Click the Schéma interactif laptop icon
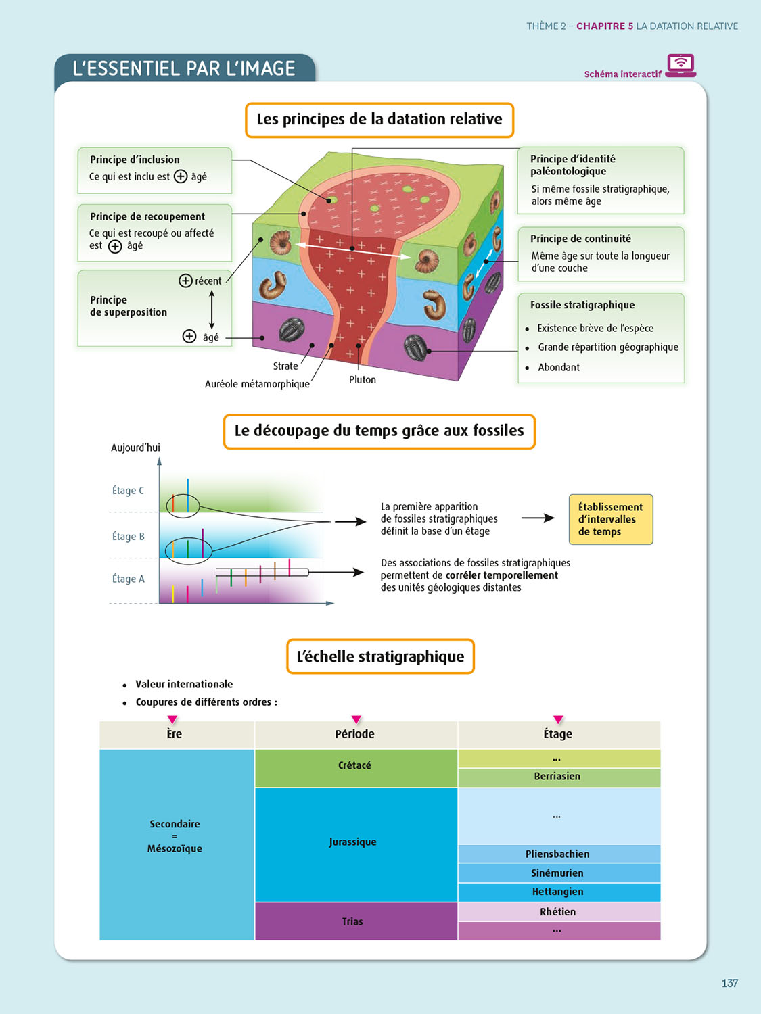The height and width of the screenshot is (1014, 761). [681, 65]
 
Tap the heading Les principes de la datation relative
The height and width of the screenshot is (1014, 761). [379, 120]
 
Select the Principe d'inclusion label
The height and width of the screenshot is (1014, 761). [135, 160]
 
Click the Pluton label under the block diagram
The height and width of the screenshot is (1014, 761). [363, 380]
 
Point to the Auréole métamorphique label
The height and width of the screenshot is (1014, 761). [257, 384]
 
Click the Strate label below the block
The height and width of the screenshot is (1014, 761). [285, 366]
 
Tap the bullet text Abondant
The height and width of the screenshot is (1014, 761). [559, 368]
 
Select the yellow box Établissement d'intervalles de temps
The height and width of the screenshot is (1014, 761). [610, 519]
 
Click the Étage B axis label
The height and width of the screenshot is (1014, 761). [129, 537]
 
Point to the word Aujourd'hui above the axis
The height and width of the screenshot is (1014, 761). [135, 448]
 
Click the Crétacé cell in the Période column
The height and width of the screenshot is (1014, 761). [355, 766]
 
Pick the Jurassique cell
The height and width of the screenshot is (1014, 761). [353, 842]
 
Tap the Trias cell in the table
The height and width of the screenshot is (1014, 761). [352, 922]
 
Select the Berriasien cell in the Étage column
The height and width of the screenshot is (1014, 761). [557, 777]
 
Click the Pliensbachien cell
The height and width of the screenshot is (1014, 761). [557, 854]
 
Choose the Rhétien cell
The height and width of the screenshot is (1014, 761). [558, 912]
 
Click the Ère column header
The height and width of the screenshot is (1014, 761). [175, 734]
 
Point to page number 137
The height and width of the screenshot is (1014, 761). [729, 983]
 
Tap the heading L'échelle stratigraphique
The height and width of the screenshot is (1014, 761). [380, 657]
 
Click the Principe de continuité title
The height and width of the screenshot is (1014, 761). [580, 239]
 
